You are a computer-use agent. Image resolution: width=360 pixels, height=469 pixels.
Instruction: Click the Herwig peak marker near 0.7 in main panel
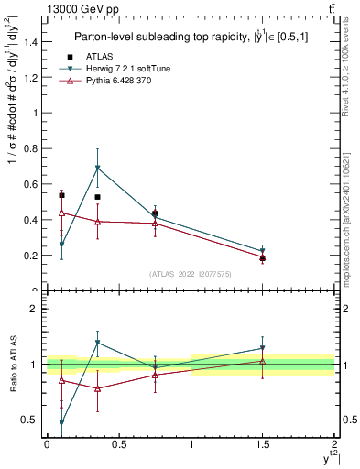click(97, 169)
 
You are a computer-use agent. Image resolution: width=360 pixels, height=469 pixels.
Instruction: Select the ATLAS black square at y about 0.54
click(61, 195)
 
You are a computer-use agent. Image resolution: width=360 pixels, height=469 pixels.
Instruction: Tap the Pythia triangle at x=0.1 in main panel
click(61, 213)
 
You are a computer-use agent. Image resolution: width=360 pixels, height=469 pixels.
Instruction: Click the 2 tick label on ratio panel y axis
click(34, 309)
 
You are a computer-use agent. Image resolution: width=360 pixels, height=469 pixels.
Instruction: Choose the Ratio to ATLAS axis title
click(11, 365)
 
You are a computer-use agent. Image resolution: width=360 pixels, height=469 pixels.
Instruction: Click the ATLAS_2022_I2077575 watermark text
click(190, 274)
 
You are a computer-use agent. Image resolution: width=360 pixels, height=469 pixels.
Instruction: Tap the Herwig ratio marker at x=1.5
click(263, 348)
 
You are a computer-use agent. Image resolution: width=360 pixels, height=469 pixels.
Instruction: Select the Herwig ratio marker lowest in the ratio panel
click(61, 422)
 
